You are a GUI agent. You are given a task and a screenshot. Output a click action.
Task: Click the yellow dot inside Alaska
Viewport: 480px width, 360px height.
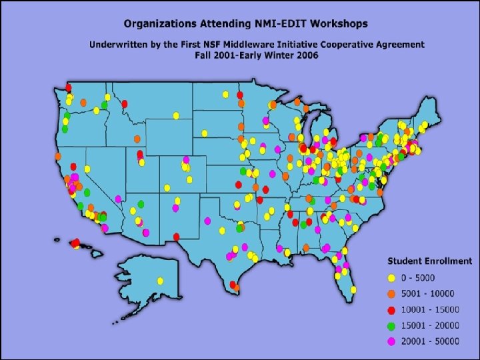point(160,281)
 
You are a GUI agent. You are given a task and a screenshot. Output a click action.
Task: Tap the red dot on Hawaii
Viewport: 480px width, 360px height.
point(75,243)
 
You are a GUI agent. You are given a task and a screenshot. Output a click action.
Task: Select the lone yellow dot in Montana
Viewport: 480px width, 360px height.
point(176,116)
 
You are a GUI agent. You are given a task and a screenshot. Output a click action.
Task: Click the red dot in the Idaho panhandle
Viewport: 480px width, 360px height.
point(125,104)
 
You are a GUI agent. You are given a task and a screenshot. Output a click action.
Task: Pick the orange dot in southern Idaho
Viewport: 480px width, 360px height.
point(137,139)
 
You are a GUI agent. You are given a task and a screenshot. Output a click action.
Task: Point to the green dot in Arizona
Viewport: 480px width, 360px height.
point(141,204)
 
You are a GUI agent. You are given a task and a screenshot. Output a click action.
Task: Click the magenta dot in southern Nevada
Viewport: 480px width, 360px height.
point(118,199)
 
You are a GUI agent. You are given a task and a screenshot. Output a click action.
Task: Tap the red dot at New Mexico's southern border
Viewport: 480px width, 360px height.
point(176,237)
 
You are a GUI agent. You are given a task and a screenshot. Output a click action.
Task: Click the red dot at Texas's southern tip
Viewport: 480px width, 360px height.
point(236,287)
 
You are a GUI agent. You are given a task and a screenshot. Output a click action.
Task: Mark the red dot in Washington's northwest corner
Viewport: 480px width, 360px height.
point(68,87)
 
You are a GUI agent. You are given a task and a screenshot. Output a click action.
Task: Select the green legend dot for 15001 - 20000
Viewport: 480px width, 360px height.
point(391,325)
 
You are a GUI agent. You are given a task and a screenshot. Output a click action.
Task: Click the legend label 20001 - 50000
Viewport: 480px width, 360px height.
point(431,341)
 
